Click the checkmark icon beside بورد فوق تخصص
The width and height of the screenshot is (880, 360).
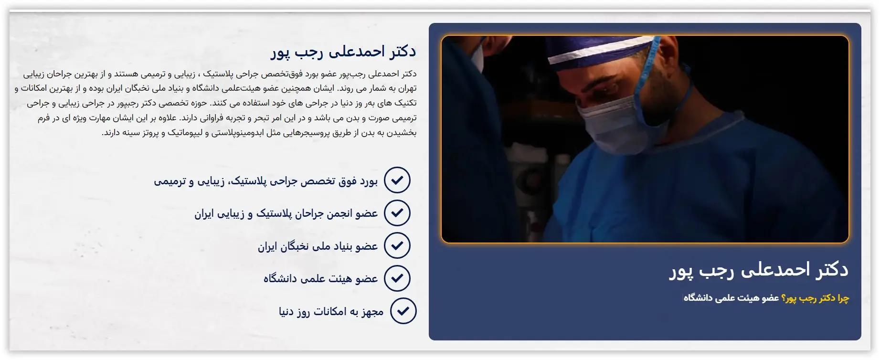(x=397, y=180)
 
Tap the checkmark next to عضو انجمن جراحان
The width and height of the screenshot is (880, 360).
(x=397, y=213)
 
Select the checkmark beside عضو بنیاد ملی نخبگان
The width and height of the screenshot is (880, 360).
(x=397, y=245)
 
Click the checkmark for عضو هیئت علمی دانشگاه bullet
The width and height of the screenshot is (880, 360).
(x=397, y=278)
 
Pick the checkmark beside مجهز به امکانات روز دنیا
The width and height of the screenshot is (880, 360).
(x=403, y=311)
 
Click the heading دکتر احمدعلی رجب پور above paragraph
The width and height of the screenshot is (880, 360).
(x=343, y=52)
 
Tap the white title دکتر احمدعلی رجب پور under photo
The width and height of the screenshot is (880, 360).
(x=759, y=270)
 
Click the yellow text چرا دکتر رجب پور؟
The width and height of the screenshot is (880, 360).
(x=815, y=298)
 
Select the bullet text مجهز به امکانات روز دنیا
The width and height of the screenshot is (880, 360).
(x=331, y=312)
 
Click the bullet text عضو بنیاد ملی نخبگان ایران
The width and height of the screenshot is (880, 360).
(x=318, y=246)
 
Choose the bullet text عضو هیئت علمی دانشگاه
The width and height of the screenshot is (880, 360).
(x=321, y=279)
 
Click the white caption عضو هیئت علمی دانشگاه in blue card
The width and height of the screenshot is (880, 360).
(x=732, y=298)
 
